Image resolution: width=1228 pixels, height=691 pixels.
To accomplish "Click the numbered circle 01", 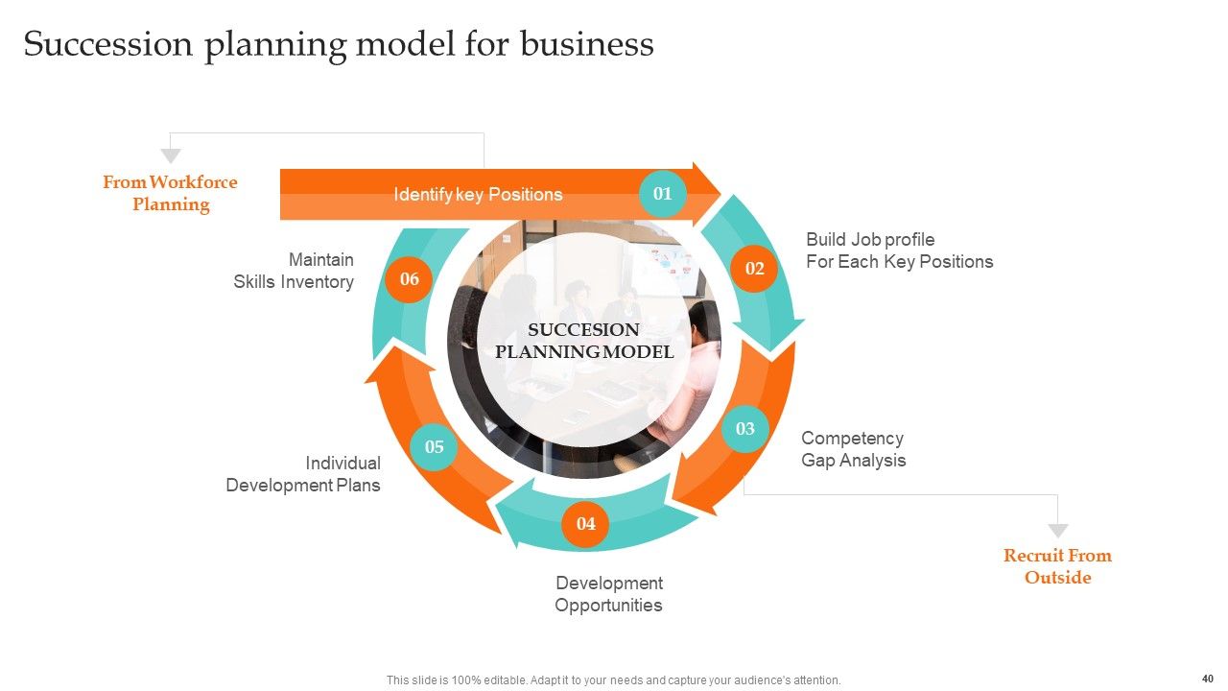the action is pyautogui.click(x=662, y=194).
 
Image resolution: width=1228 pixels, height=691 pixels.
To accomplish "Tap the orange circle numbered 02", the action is pyautogui.click(x=754, y=268).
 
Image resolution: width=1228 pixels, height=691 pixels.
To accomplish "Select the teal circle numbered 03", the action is pyautogui.click(x=745, y=428).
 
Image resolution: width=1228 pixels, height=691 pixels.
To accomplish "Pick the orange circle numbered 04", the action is pyautogui.click(x=585, y=524).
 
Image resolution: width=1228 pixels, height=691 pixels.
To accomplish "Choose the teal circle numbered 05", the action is pyautogui.click(x=435, y=447).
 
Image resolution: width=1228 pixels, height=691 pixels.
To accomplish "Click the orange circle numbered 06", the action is pyautogui.click(x=409, y=279).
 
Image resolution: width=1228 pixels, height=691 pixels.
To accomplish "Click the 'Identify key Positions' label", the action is pyautogui.click(x=478, y=194).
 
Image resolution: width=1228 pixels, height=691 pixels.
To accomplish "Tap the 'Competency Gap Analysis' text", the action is pyautogui.click(x=854, y=449).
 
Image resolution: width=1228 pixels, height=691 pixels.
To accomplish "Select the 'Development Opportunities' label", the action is pyautogui.click(x=608, y=594).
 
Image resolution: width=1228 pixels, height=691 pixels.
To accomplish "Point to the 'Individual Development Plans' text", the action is pyautogui.click(x=303, y=474).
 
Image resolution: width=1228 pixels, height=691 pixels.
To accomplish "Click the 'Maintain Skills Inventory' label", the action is pyautogui.click(x=294, y=271).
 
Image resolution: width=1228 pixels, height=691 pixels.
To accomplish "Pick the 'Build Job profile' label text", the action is pyautogui.click(x=870, y=240).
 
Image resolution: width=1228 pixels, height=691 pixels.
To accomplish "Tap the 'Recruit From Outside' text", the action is pyautogui.click(x=1057, y=566).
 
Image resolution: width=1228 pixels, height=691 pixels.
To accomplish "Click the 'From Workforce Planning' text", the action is pyautogui.click(x=170, y=193).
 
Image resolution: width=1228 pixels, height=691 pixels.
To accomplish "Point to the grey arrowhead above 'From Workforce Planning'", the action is pyautogui.click(x=171, y=155).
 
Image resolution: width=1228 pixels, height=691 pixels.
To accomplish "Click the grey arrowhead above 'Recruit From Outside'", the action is pyautogui.click(x=1058, y=531).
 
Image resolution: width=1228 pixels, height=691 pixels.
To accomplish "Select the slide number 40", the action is pyautogui.click(x=1207, y=679).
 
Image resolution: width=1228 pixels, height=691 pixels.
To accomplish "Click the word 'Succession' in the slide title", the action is pyautogui.click(x=108, y=44).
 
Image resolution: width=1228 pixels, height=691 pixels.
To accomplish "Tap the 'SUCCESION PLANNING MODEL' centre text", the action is pyautogui.click(x=584, y=341).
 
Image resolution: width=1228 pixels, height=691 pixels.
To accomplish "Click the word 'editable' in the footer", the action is pyautogui.click(x=505, y=680).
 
